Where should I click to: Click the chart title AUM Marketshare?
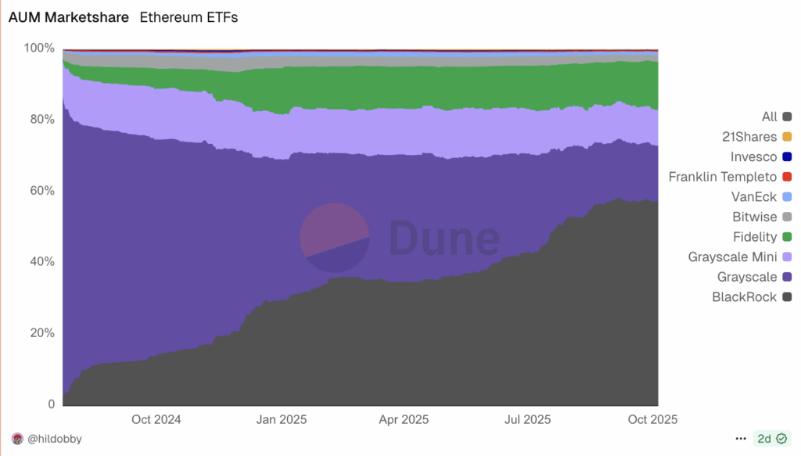click(x=69, y=17)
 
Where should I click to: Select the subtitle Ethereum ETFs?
click(x=189, y=17)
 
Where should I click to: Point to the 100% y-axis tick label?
click(x=39, y=48)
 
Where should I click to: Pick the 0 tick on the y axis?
click(x=52, y=404)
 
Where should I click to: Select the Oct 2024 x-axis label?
click(x=156, y=420)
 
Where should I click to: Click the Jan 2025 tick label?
click(x=282, y=420)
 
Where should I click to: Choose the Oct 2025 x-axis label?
click(x=652, y=420)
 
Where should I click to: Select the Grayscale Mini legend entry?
click(x=732, y=257)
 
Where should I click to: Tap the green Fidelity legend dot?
click(x=787, y=237)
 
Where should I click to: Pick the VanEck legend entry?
click(x=753, y=197)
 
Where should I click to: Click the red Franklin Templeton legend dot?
click(x=787, y=177)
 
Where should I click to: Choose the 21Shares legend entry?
click(x=749, y=137)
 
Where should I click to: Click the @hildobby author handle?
click(x=54, y=440)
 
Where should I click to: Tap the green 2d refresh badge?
click(x=771, y=439)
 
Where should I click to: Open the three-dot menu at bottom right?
click(x=741, y=439)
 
